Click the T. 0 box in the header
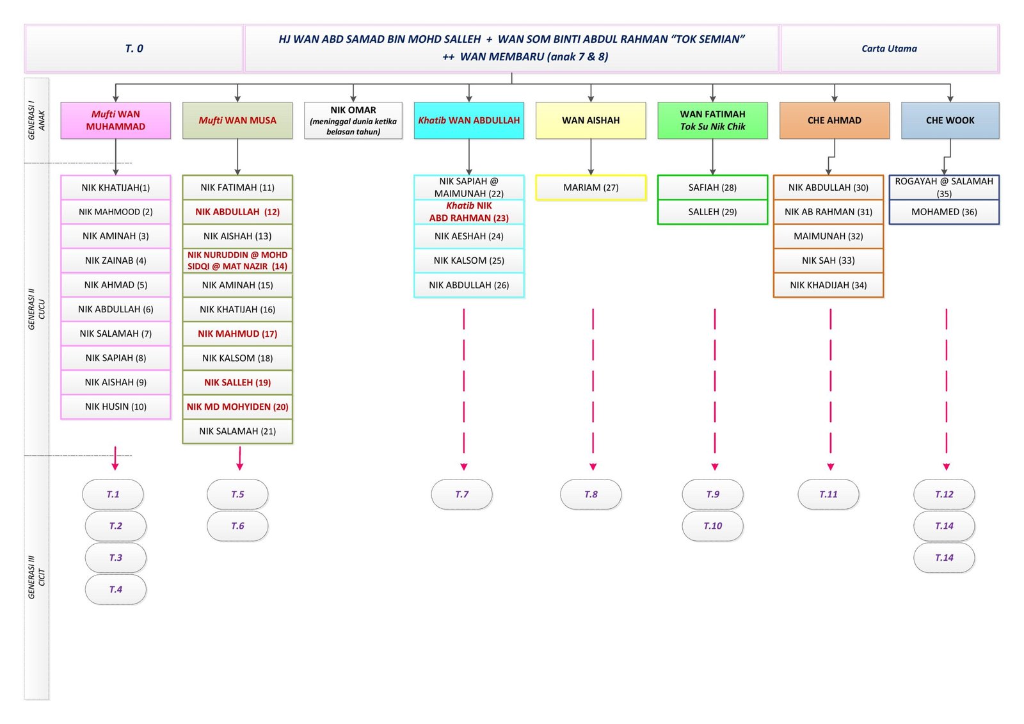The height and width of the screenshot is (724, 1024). coord(134,49)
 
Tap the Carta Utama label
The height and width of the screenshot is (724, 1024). coord(889,49)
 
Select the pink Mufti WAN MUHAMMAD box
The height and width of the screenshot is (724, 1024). coord(116,120)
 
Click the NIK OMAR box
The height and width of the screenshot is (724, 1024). coord(353,120)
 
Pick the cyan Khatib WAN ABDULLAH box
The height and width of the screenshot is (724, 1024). coord(468,120)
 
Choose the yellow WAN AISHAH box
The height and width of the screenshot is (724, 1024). coord(591,120)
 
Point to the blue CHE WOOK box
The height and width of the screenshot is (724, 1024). coord(950,120)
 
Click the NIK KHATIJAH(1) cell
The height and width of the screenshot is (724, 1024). coord(116,188)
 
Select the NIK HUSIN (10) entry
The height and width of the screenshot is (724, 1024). coord(116,406)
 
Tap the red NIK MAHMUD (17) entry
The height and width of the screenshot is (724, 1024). coord(237,334)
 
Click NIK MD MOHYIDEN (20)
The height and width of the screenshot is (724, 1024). coord(237,406)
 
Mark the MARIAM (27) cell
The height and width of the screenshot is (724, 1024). coord(591,188)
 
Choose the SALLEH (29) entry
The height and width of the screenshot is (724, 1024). coord(712,212)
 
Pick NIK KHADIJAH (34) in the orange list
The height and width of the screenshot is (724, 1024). coord(828,285)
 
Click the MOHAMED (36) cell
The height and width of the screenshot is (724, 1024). coord(944,212)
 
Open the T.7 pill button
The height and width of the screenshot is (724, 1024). coord(461,494)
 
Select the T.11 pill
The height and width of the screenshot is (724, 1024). coord(828,494)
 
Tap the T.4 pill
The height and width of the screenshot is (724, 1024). coord(116,590)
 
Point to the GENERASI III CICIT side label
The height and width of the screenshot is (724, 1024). coord(36,577)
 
